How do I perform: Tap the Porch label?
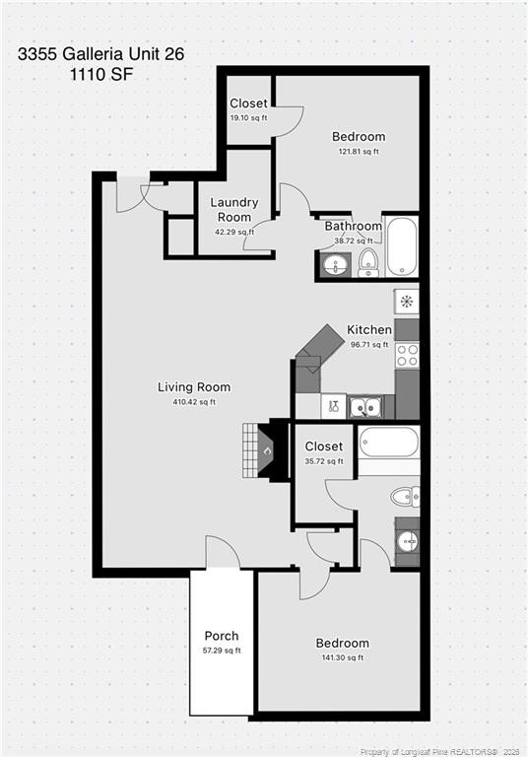point(222,636)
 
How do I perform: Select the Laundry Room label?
point(233,210)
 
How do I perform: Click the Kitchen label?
point(369,330)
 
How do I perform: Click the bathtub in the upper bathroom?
point(402,246)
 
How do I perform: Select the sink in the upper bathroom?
point(335,264)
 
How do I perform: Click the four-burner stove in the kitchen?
point(407,355)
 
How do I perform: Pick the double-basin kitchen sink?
point(365,405)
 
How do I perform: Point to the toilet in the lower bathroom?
point(405,495)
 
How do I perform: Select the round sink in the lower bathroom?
point(406,541)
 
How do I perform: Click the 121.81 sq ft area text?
point(359,152)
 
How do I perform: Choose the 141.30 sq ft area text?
point(344,657)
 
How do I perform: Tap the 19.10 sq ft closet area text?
point(248,118)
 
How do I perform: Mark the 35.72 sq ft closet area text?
point(323,461)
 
